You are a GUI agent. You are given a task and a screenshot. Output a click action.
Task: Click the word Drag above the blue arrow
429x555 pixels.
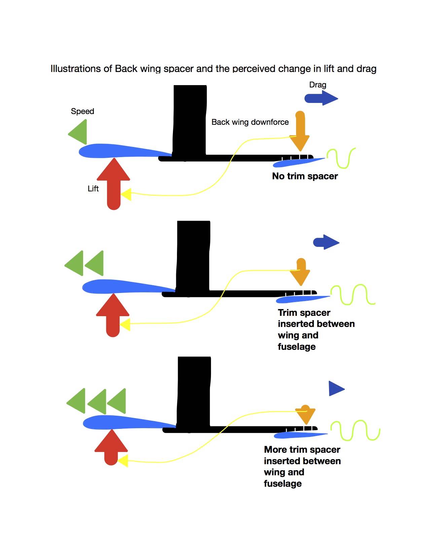point(318,85)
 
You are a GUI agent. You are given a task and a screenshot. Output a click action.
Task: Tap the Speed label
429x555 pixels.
point(82,111)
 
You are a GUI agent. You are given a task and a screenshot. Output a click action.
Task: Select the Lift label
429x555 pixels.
point(93,189)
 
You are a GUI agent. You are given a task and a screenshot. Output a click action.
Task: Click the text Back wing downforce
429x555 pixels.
point(250,122)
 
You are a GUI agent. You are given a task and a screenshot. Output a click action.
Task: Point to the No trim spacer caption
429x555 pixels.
point(305,176)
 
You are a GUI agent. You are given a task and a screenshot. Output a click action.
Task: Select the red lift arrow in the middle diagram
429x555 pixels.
point(113,314)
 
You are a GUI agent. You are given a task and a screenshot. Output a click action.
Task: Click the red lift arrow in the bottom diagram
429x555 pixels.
point(111,447)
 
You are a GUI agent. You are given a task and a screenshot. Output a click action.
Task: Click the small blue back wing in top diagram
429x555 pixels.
point(296,162)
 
